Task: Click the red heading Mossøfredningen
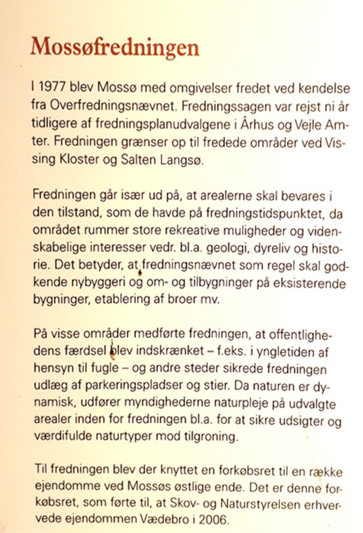point(114,48)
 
